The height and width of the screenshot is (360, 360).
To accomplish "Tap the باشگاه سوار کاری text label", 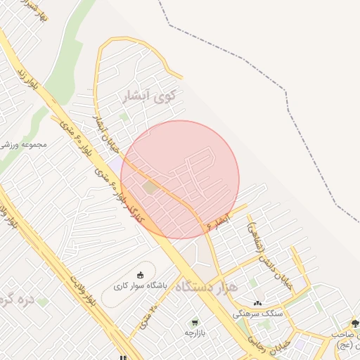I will coord(141,286).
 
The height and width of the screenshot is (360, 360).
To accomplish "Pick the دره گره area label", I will coord(18,300).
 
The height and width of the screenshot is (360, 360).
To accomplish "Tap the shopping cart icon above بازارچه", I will coord(195,322).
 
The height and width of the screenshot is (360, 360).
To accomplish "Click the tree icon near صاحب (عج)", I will coord(354,323).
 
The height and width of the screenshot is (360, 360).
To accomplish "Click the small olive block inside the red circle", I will coord(150,187).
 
